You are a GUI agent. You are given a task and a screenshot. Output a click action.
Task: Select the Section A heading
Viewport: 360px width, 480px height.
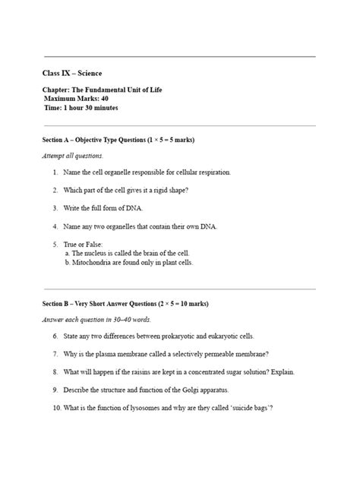120,141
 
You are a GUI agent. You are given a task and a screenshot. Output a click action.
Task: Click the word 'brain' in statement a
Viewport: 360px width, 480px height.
156,253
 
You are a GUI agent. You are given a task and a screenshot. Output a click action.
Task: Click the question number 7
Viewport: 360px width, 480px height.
56,354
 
